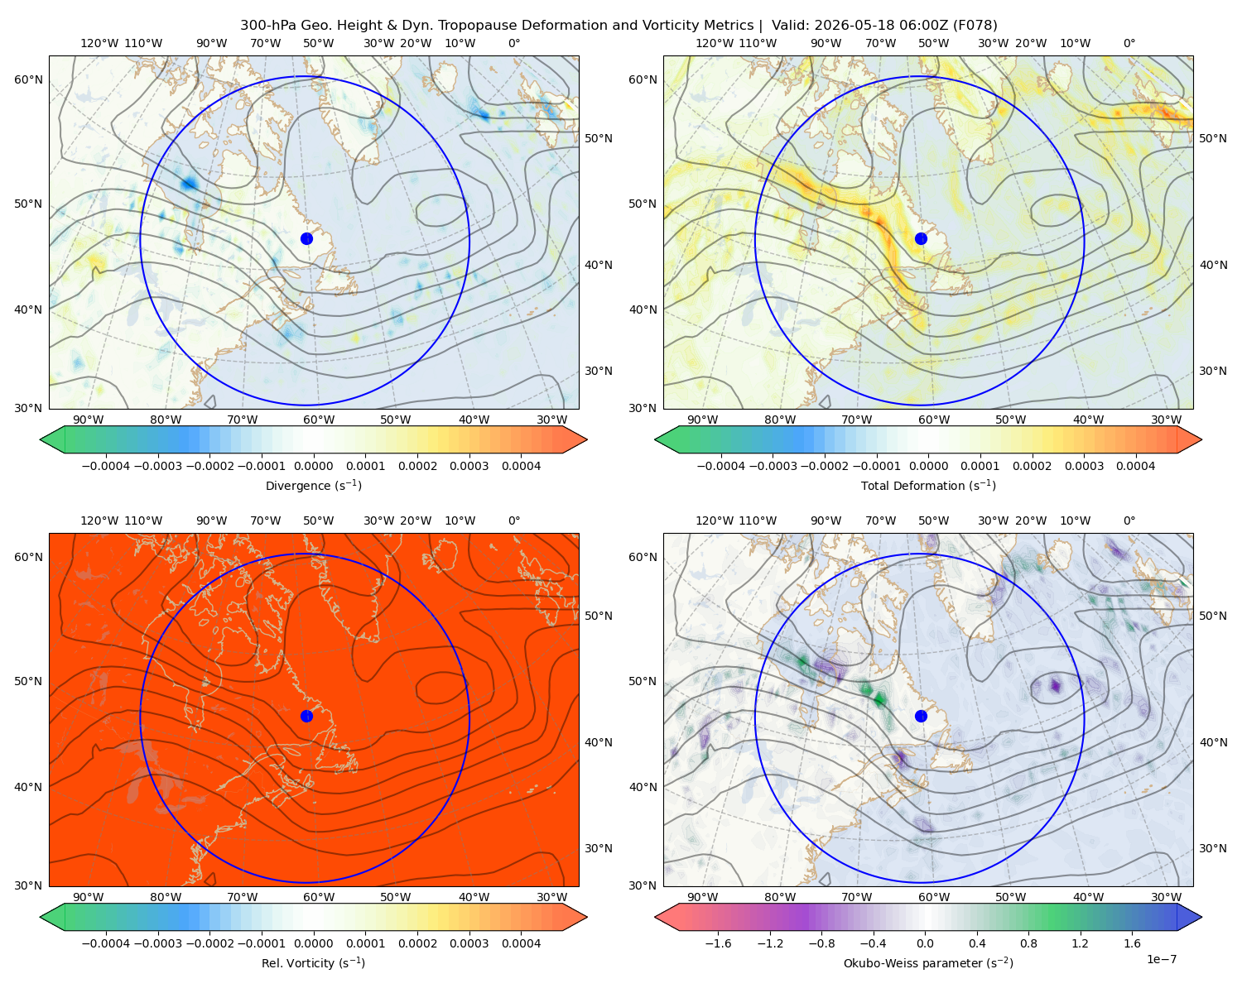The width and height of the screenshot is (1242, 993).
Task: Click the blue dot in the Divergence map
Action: pos(306,238)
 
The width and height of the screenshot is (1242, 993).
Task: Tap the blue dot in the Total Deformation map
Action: pos(921,238)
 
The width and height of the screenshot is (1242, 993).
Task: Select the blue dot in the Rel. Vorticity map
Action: pos(306,716)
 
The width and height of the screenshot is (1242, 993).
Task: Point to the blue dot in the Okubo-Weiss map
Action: pos(921,716)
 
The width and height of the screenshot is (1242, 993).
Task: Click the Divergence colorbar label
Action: pos(313,485)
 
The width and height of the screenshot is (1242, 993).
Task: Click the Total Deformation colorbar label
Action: pos(928,485)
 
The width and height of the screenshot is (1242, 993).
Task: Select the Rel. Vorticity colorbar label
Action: pos(313,962)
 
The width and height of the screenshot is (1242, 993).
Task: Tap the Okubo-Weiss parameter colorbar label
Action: pos(928,962)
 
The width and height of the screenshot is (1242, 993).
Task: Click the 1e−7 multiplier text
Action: pos(1161,959)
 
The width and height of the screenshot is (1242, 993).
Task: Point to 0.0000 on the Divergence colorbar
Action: pos(313,466)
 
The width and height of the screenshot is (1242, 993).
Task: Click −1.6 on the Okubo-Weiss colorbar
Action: pos(719,943)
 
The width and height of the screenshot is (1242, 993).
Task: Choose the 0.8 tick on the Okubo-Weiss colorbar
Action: pos(1028,943)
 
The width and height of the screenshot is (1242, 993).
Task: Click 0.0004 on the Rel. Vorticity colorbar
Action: pos(521,943)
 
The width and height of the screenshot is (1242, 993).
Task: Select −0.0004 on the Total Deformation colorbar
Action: pos(721,466)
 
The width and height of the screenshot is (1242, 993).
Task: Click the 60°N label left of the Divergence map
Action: pos(28,79)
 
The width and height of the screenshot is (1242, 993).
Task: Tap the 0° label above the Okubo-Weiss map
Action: pos(1129,520)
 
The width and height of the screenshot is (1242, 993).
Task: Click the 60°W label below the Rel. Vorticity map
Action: pos(319,897)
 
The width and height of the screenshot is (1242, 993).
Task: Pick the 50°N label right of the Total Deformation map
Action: pos(1212,138)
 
